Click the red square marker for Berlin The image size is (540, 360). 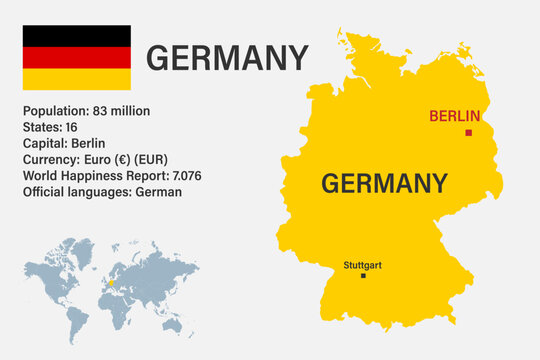tap(468, 132)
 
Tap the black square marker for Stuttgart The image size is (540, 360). tap(363, 276)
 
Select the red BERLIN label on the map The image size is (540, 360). tap(454, 116)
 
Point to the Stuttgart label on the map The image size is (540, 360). tap(362, 265)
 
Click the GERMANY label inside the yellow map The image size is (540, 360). tap(384, 183)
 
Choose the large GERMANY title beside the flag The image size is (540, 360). tap(227, 58)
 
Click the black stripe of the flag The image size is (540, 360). tap(77, 35)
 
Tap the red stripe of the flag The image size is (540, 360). tap(77, 57)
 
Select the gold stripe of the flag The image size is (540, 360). tap(77, 79)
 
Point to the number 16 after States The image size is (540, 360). tap(71, 127)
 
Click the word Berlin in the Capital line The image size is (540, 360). tap(88, 143)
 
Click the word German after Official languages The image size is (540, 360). tap(161, 191)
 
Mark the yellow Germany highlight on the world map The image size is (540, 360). tap(112, 281)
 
